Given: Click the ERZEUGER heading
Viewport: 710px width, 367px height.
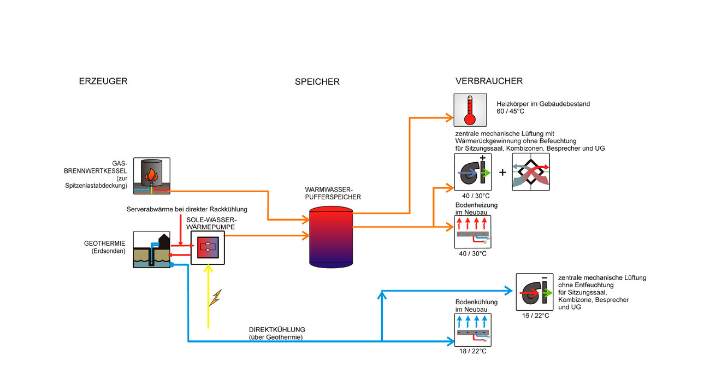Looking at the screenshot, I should (103, 81).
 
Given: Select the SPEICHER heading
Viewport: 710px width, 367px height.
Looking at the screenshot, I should (317, 82).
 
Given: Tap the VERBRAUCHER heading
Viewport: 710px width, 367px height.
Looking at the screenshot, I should (489, 81).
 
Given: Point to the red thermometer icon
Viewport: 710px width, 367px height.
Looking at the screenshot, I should (470, 110).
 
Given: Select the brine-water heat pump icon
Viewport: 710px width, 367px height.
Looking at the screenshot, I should (208, 247).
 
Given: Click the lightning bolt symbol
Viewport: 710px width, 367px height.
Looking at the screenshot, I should (216, 298).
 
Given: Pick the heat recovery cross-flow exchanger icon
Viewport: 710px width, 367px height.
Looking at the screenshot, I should (530, 171).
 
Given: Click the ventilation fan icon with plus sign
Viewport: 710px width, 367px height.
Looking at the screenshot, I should (472, 172).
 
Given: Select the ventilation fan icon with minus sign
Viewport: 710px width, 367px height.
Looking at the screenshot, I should (535, 292).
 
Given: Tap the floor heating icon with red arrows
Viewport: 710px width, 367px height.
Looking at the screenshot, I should (472, 232).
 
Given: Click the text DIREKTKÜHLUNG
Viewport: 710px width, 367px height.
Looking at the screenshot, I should (277, 330).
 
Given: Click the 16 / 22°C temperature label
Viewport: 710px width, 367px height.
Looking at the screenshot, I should (535, 316).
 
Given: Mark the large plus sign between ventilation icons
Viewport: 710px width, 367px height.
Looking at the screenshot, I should (502, 173).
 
